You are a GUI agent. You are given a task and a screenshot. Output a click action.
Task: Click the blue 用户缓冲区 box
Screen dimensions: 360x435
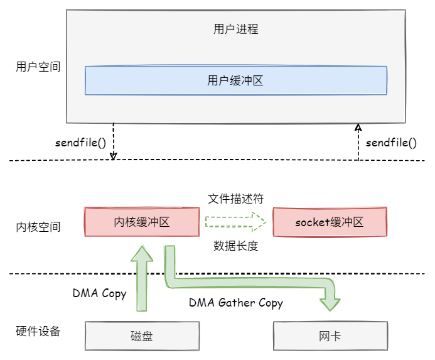coord(235,80)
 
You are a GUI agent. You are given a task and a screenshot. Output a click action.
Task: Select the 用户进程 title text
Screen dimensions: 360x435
coord(235,30)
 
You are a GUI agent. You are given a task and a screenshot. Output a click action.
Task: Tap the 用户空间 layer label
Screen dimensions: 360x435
coord(38,66)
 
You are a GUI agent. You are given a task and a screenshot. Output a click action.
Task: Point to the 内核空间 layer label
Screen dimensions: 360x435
coord(38,227)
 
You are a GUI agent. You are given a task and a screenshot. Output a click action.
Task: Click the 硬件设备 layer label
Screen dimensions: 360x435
coord(38,331)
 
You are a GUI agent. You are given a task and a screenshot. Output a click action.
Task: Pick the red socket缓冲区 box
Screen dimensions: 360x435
coord(330,222)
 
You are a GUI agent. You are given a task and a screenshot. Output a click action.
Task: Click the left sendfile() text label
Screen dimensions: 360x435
coord(80,142)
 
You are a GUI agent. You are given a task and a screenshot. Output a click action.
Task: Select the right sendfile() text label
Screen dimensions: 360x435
coord(391,142)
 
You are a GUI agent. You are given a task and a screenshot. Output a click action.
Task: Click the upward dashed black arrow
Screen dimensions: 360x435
coord(358,141)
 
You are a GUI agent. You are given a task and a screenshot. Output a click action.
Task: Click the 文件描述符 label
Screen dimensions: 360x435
coord(235,199)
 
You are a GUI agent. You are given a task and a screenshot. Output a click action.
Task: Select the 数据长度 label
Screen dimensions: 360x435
coord(235,246)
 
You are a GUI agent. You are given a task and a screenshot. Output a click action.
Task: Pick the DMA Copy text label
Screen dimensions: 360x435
coord(99,293)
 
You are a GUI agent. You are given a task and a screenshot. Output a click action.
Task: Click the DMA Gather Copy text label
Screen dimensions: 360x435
coord(236,302)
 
